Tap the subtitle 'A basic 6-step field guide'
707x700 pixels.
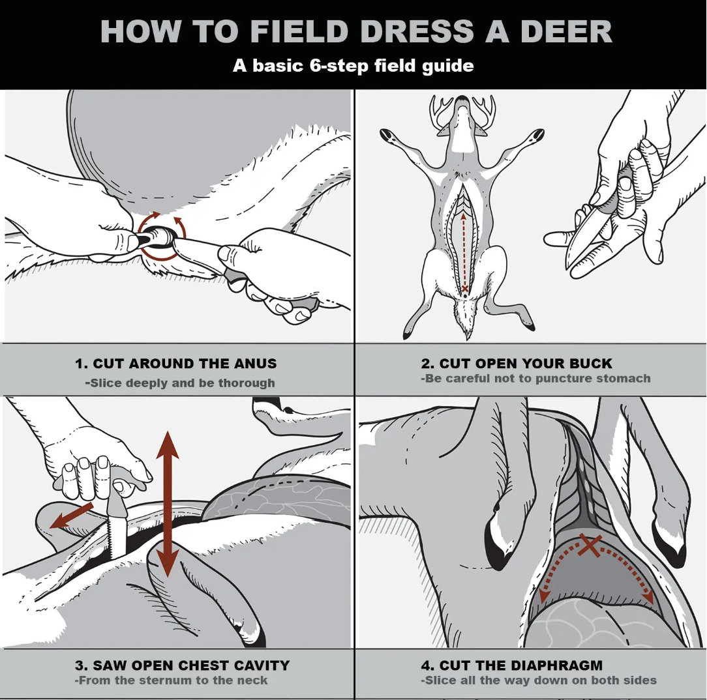click(x=353, y=66)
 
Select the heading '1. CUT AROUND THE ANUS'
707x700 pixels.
click(x=175, y=364)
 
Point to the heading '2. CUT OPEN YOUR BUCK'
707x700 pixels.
click(x=517, y=364)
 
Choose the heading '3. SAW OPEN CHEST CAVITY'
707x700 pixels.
click(x=182, y=665)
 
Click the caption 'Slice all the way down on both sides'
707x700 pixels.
click(x=539, y=680)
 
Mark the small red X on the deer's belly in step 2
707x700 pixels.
click(x=465, y=288)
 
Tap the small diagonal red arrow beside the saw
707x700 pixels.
click(x=72, y=514)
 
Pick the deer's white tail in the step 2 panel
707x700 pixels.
click(x=465, y=321)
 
